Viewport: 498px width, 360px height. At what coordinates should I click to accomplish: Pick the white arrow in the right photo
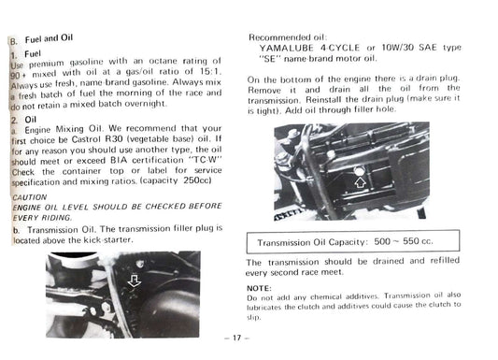(x=361, y=182)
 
